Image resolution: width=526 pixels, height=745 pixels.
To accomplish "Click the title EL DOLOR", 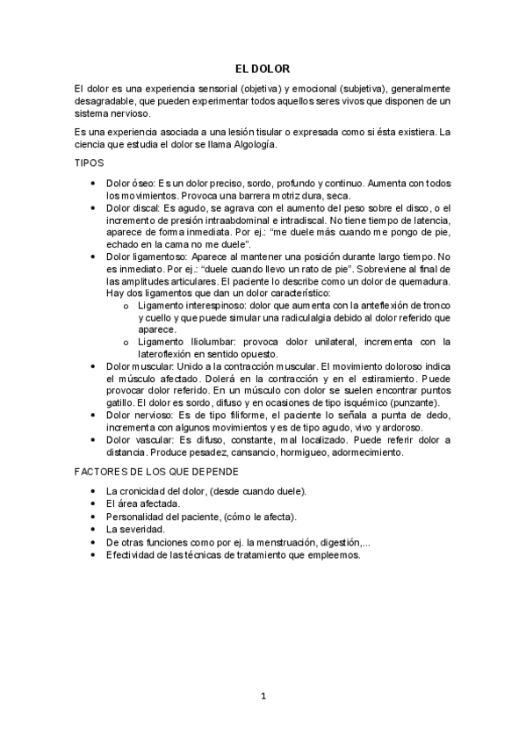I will [263, 68].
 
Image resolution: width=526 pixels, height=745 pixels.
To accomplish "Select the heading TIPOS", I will [90, 163].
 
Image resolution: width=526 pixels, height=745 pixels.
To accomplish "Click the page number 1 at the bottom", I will [263, 697].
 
